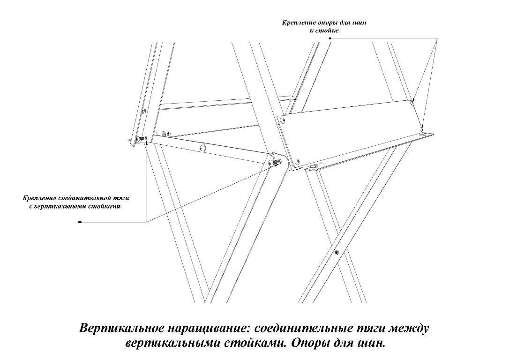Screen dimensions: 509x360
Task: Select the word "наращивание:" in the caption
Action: click(x=210, y=328)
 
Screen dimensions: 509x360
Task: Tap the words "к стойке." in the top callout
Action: click(x=324, y=31)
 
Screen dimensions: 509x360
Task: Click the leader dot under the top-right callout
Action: click(x=330, y=38)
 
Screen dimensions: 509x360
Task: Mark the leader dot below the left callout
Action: click(x=80, y=222)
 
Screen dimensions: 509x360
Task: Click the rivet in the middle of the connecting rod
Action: click(x=202, y=148)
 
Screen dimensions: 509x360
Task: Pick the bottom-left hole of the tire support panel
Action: click(x=296, y=161)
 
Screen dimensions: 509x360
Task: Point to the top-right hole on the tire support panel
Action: click(x=412, y=103)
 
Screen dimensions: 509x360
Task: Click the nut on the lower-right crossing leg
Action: click(x=337, y=252)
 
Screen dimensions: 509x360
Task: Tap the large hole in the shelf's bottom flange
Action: click(x=314, y=166)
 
